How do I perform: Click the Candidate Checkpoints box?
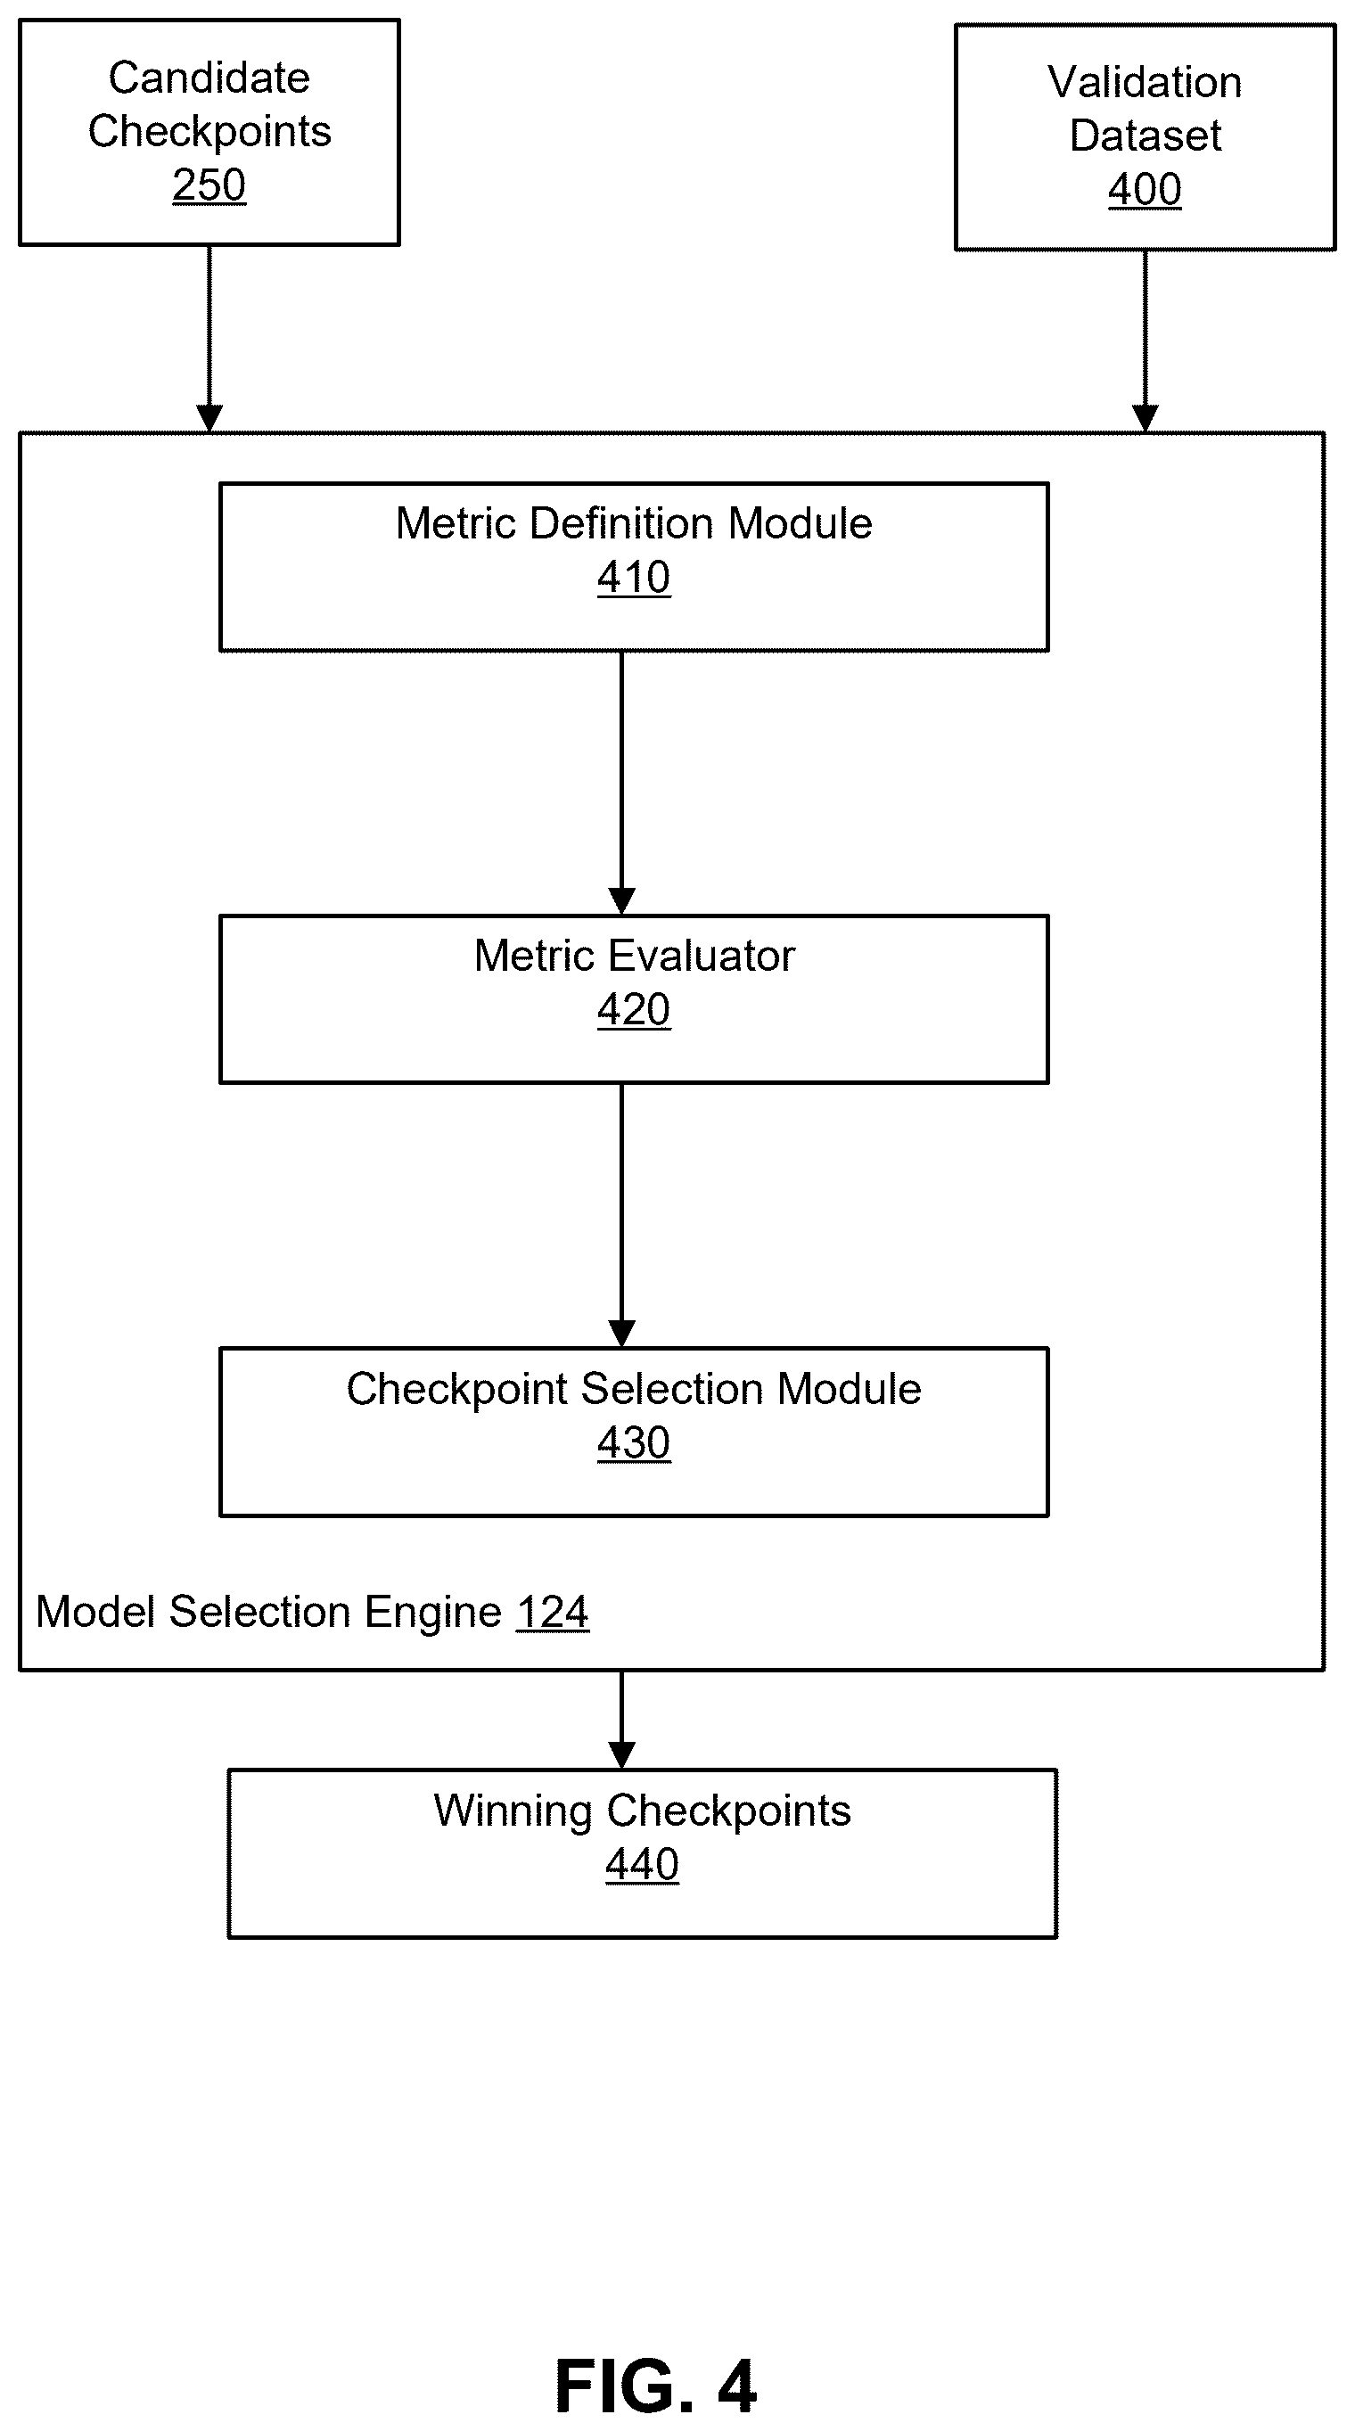tap(209, 132)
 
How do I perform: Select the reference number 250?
tap(209, 185)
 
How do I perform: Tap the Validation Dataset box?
tap(1145, 136)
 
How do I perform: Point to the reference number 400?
tap(1145, 190)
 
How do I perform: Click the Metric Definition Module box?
tap(634, 567)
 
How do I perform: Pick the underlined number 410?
tap(634, 578)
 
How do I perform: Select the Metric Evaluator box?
tap(634, 999)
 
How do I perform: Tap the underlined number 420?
tap(634, 1010)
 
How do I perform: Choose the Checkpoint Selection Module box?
tap(634, 1433)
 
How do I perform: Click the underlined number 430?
tap(634, 1443)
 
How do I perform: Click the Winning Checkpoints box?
tap(643, 1854)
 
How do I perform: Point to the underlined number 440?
tap(643, 1865)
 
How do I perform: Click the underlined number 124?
tap(553, 1612)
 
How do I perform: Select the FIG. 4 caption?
tap(656, 2386)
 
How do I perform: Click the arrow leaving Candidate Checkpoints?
tap(209, 339)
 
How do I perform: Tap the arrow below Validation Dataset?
tap(1145, 341)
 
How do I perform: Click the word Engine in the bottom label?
tap(433, 1613)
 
